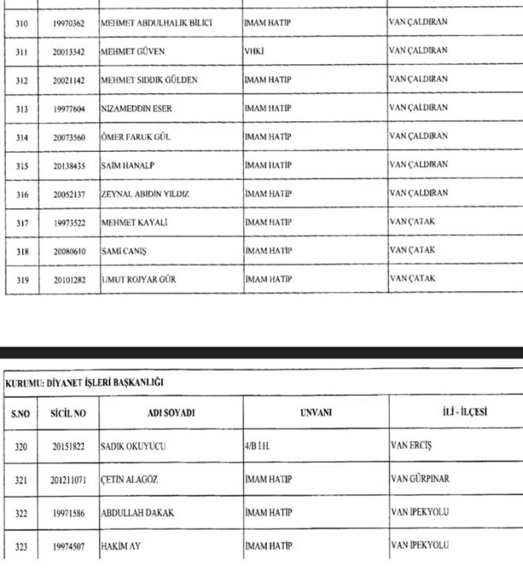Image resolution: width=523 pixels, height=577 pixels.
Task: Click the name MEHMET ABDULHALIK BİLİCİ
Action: (x=156, y=23)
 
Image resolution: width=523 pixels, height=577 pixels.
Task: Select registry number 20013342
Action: (x=70, y=51)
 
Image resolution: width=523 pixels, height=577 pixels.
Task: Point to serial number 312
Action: (x=21, y=80)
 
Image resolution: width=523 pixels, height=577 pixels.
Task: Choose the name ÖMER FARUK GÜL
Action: (x=136, y=137)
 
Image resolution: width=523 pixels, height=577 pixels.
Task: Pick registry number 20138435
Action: (x=70, y=165)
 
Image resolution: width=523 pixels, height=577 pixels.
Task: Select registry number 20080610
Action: (x=70, y=251)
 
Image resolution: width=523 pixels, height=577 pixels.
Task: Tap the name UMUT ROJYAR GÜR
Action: (x=139, y=279)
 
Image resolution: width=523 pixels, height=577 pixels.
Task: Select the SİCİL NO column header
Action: (x=69, y=413)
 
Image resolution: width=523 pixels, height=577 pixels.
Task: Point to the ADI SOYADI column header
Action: (x=171, y=413)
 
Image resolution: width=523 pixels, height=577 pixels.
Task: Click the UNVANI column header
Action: (x=315, y=413)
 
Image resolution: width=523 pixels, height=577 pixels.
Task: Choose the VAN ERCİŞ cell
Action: (x=411, y=446)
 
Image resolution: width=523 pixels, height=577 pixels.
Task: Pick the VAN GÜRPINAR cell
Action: (x=419, y=480)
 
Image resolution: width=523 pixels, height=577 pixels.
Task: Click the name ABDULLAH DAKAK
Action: (x=137, y=513)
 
